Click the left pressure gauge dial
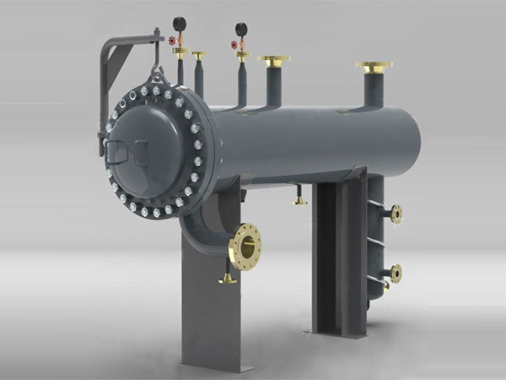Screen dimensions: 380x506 (179, 23)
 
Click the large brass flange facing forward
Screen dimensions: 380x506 (244, 247)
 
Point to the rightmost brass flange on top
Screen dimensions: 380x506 (374, 65)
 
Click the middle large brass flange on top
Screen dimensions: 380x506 (273, 60)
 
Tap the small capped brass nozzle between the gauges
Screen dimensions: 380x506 (198, 56)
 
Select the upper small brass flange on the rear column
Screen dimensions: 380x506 (396, 214)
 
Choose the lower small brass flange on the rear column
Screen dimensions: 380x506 (395, 272)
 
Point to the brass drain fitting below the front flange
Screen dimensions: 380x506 (226, 279)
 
